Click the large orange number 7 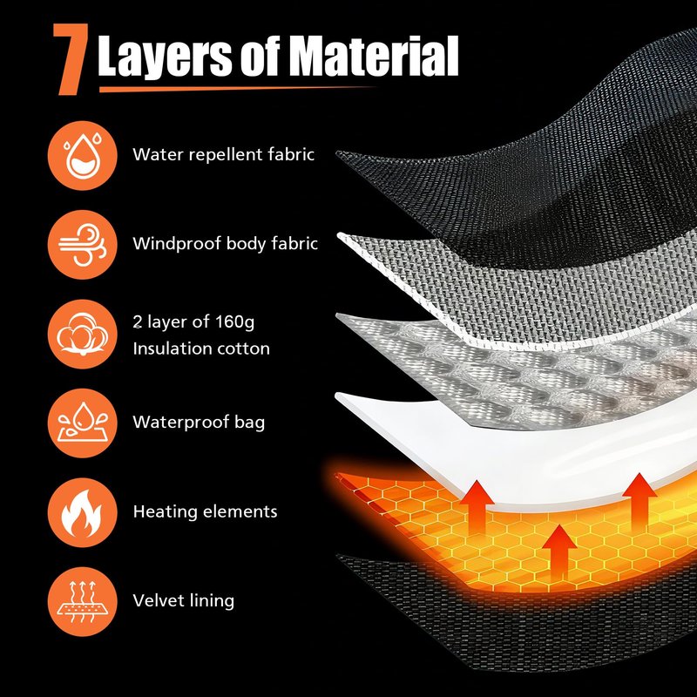pos(71,59)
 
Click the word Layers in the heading pos(165,56)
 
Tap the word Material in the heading pos(376,56)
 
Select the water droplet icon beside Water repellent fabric pos(82,156)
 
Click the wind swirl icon pos(82,245)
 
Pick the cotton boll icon pos(82,334)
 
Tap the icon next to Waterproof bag pos(82,423)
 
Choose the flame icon pos(82,512)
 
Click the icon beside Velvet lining pos(82,601)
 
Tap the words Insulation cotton pos(201,348)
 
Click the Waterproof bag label pos(199,423)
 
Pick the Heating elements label pos(205,511)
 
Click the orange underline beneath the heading pos(235,89)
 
